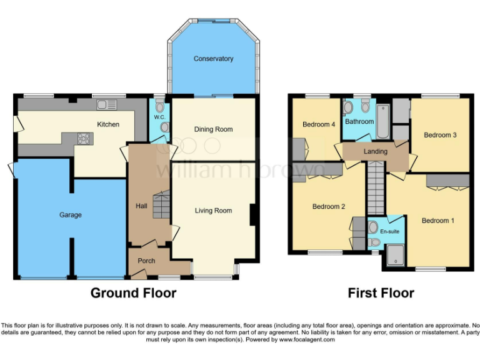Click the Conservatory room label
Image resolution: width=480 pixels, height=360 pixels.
pos(213,59)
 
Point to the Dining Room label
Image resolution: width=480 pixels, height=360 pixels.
pos(213,129)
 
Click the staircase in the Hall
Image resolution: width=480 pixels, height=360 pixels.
pos(161,205)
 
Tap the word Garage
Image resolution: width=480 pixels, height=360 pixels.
pos(71,215)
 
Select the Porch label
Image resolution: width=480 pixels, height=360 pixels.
pos(146,261)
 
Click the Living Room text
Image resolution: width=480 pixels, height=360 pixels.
pos(213,211)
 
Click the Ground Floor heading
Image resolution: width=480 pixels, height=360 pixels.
pos(133,292)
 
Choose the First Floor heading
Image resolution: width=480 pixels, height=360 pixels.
pos(381,292)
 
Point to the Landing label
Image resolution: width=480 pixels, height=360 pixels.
pos(375,151)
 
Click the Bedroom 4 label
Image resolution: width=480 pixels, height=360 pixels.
pos(319,124)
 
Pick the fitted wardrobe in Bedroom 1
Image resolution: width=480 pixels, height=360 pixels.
pos(447,181)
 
